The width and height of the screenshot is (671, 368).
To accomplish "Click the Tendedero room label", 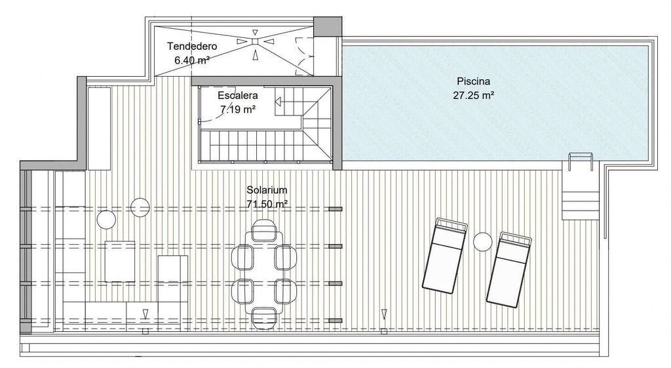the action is coord(192,46).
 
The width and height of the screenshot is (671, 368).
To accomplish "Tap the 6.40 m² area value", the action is coord(192,60).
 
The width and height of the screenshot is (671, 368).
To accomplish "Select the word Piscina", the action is coord(473,81).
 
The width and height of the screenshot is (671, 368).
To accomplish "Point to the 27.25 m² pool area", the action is coord(474,95).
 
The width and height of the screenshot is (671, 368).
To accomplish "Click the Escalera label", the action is coord(238,95).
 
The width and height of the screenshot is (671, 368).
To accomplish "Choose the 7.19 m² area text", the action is coord(238,110).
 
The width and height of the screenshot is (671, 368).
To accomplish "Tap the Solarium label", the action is coord(267,190).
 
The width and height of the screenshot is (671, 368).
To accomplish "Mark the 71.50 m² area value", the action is coord(267,204).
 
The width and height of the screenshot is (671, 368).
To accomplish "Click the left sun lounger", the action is coord(444,256).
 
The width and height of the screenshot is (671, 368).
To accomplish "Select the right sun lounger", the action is coord(509,270).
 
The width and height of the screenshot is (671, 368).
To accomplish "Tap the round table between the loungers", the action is coord(483,241).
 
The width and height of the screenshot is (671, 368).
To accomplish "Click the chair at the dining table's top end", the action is coord(264,230).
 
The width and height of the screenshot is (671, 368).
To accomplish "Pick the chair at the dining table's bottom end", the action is coord(264,318).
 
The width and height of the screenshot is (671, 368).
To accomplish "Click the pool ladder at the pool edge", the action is coord(581,161).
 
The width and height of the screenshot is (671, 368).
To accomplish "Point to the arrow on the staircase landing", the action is coord(278,102).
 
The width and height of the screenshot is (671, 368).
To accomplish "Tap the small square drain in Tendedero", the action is coord(255,41).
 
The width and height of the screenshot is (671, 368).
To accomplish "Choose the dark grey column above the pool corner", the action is coord(328,26).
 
